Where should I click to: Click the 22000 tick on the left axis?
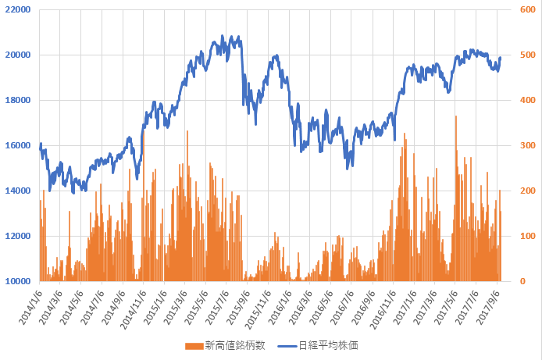(18, 9)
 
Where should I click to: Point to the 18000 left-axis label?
(18, 100)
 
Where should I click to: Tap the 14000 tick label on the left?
(18, 191)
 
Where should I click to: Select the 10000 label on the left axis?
(18, 281)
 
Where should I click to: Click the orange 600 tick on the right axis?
(528, 9)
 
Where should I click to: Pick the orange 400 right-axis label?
(528, 100)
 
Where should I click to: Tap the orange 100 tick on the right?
(528, 236)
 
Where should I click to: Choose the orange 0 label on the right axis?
(522, 281)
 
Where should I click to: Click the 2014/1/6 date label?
(30, 308)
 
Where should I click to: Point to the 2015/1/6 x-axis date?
(155, 308)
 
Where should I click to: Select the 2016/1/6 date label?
(280, 308)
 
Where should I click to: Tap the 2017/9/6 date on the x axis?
(488, 308)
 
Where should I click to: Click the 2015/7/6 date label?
(217, 308)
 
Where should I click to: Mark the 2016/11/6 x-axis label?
(383, 309)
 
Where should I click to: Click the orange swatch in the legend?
(194, 346)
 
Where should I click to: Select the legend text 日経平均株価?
(328, 345)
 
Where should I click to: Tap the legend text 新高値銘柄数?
(235, 345)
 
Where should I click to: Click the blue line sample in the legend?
(287, 346)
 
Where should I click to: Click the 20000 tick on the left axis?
(18, 55)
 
